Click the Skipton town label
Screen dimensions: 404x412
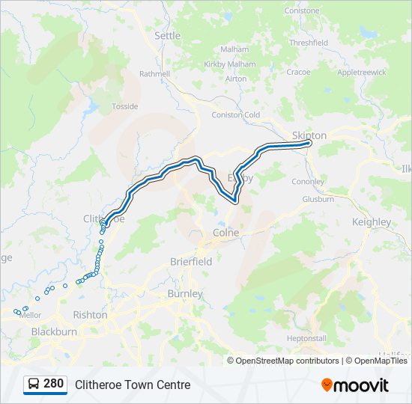coord(309,135)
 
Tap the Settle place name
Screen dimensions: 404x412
coord(167,35)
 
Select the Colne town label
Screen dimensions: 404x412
coord(226,233)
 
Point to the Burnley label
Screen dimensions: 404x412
coord(185,294)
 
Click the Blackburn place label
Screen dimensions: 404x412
coord(54,331)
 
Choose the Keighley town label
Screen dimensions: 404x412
coord(371,222)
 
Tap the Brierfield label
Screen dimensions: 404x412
coord(191,262)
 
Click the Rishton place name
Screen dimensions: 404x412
coord(90,315)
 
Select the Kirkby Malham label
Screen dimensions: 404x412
coord(229,64)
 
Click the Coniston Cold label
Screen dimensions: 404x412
coord(236,114)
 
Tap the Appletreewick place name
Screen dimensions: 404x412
coord(361,73)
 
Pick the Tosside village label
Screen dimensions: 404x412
coord(125,106)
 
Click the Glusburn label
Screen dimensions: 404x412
coord(318,199)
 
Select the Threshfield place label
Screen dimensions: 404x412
coord(309,43)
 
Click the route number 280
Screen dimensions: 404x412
coord(53,384)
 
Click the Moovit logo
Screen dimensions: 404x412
coord(355,385)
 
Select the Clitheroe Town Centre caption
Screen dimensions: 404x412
coord(133,385)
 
